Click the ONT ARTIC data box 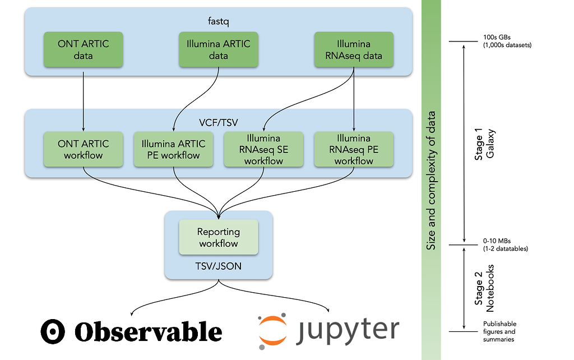83,50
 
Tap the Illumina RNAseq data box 353,50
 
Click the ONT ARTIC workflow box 83,149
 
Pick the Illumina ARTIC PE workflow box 173,149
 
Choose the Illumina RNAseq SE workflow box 263,149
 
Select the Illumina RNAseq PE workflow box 353,149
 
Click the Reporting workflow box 218,237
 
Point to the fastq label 218,21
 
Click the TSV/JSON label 218,266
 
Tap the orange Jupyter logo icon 275,331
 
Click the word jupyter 349,330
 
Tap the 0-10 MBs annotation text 504,244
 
